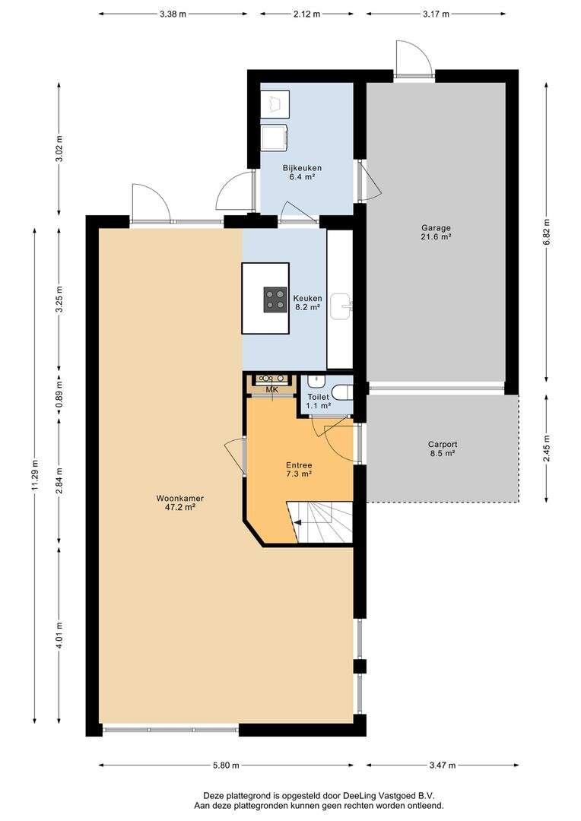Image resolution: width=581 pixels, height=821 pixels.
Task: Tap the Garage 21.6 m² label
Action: click(436, 232)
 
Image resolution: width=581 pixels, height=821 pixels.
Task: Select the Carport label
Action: click(442, 449)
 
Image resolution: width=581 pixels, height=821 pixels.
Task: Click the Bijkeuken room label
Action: click(302, 173)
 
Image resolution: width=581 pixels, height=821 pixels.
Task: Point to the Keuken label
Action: click(307, 303)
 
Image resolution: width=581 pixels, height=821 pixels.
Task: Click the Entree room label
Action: click(299, 469)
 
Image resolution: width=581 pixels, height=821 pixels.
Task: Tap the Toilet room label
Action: click(318, 401)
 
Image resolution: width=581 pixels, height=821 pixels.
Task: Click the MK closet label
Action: click(271, 390)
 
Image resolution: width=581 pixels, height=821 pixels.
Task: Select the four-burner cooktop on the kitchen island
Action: click(275, 300)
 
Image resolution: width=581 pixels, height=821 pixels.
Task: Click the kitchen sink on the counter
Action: click(341, 306)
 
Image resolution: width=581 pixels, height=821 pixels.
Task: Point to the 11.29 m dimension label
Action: click(35, 475)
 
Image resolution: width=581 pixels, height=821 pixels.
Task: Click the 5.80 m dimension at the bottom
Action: click(226, 765)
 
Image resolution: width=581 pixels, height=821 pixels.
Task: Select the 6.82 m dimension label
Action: click(547, 232)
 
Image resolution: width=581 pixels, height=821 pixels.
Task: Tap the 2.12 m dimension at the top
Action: click(306, 14)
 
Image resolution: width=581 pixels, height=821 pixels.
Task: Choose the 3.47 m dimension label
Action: click(442, 765)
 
